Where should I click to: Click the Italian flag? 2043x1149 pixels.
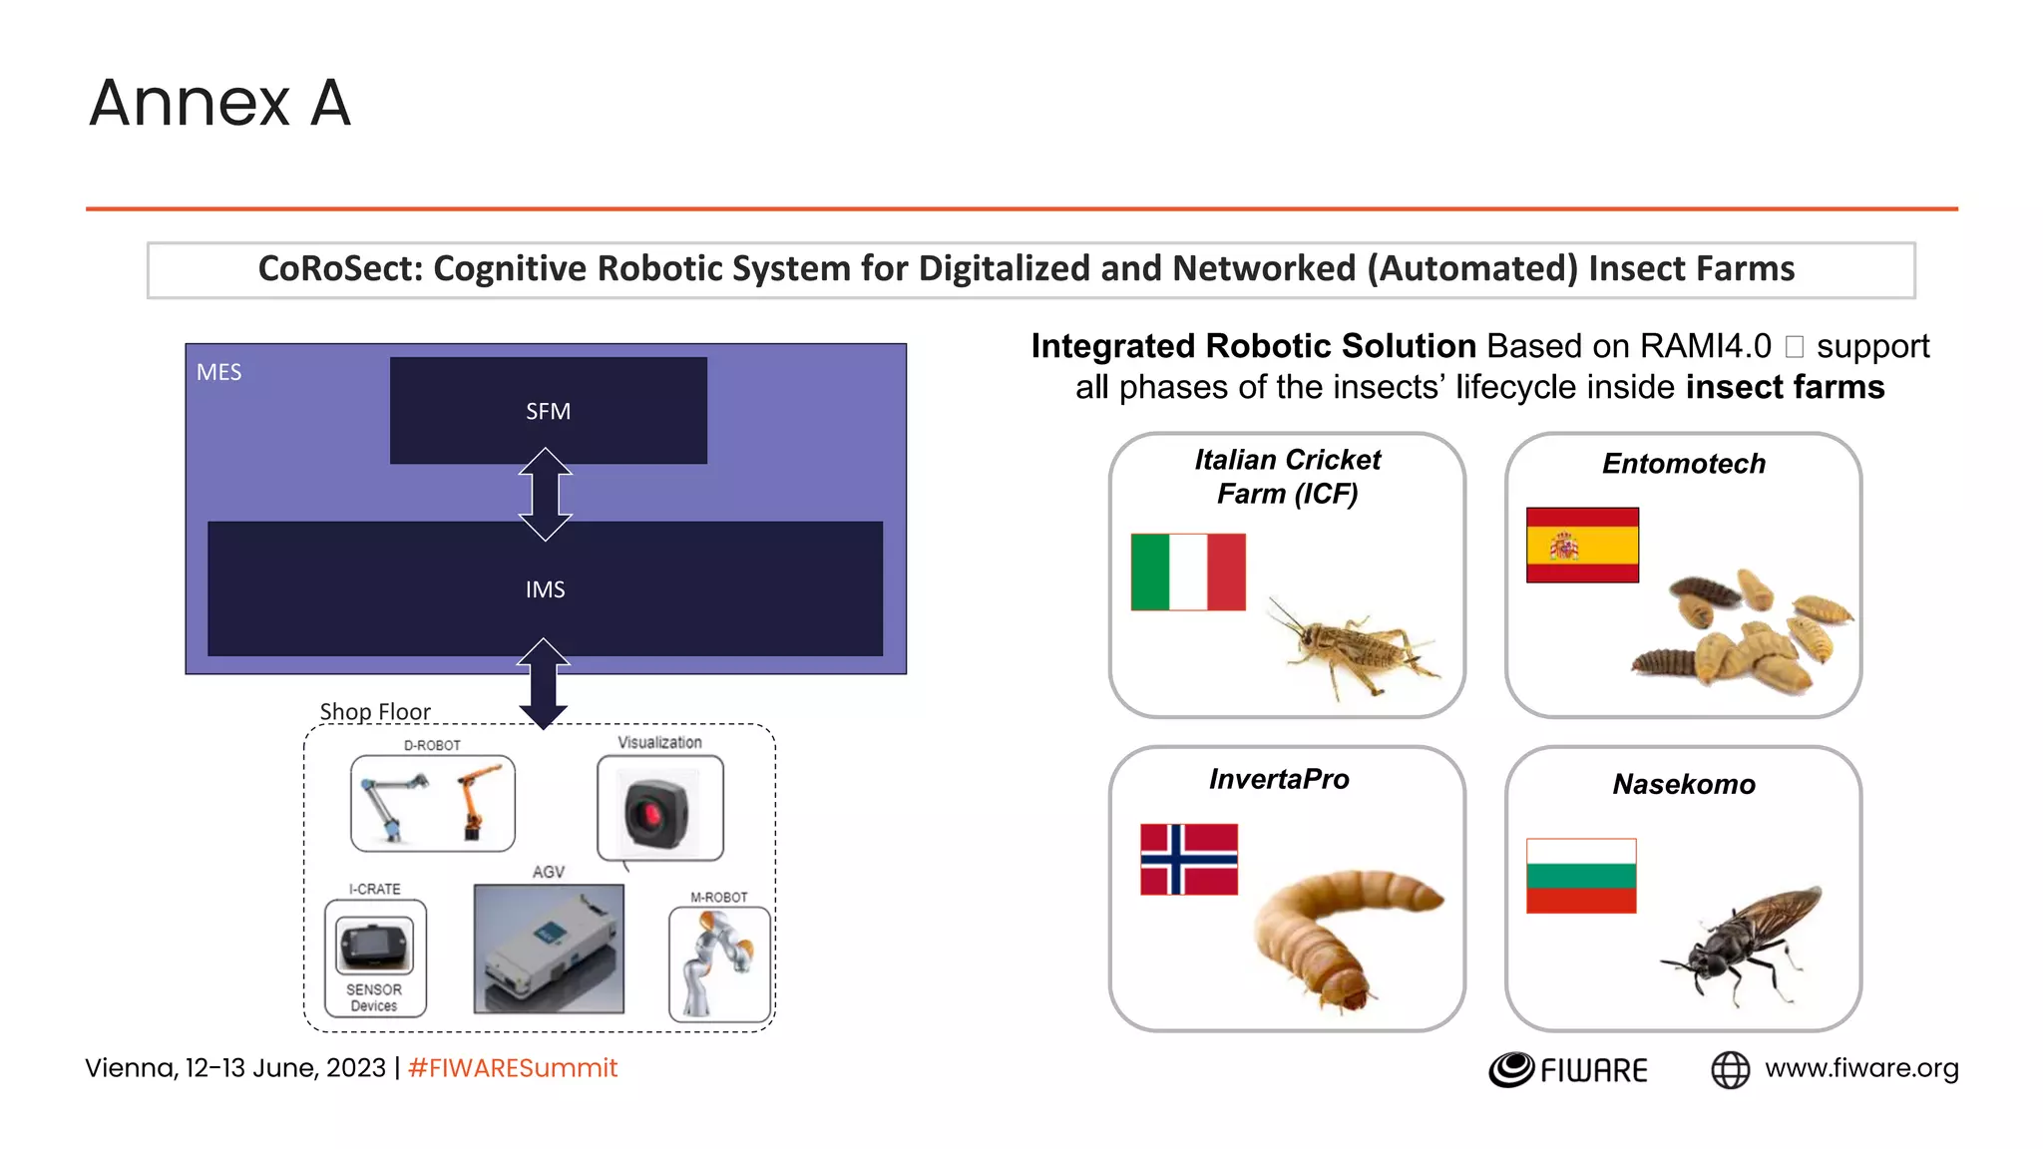1187,572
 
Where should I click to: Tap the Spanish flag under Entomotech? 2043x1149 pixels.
1582,545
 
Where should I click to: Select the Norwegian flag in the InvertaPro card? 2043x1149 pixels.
1188,859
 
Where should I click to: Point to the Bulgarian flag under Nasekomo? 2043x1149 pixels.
1581,875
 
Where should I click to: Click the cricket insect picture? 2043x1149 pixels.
1352,645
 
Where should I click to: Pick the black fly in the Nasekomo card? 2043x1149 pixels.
1742,943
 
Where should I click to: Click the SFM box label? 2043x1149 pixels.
548,411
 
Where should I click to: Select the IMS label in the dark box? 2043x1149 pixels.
545,589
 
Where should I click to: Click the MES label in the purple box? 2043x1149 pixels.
218,372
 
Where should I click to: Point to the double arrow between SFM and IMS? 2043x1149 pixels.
546,494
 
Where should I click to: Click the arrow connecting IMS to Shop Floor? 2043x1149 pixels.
543,683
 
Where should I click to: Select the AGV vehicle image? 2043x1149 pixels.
549,949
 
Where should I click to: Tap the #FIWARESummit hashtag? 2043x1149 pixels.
513,1068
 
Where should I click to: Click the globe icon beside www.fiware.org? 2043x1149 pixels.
1730,1069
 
